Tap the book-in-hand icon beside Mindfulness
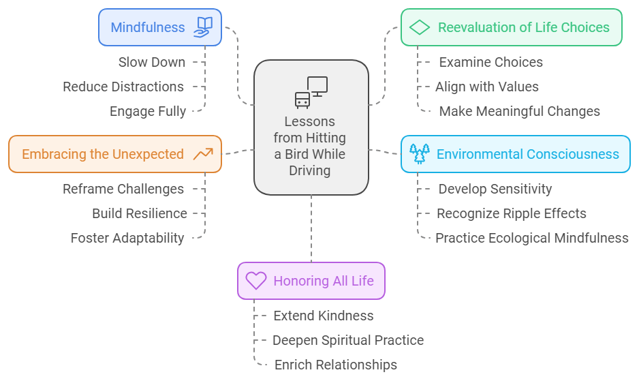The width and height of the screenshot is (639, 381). [x=203, y=27]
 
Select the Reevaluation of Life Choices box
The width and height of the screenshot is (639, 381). [x=511, y=27]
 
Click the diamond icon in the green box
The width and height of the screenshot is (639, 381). [x=420, y=27]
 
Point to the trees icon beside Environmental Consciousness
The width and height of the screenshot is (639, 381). [x=419, y=153]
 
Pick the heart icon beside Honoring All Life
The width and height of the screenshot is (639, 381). [x=255, y=281]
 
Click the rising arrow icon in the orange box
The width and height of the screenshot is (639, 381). [x=202, y=154]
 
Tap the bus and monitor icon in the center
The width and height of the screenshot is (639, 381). [x=311, y=91]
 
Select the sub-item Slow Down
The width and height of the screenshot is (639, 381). [x=151, y=62]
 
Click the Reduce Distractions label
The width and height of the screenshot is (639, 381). [x=123, y=87]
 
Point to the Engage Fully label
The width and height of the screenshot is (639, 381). [x=147, y=111]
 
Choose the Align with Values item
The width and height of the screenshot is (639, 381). [x=487, y=87]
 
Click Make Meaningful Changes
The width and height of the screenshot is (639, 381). [x=519, y=111]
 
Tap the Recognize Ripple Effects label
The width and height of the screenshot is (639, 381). [x=511, y=213]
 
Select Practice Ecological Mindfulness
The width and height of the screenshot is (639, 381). [x=532, y=238]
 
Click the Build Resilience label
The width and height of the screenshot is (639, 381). [x=140, y=213]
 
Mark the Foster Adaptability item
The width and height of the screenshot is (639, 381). [x=127, y=238]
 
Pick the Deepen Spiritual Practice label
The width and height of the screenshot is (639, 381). [x=348, y=340]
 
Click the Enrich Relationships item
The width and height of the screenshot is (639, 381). [x=335, y=365]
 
